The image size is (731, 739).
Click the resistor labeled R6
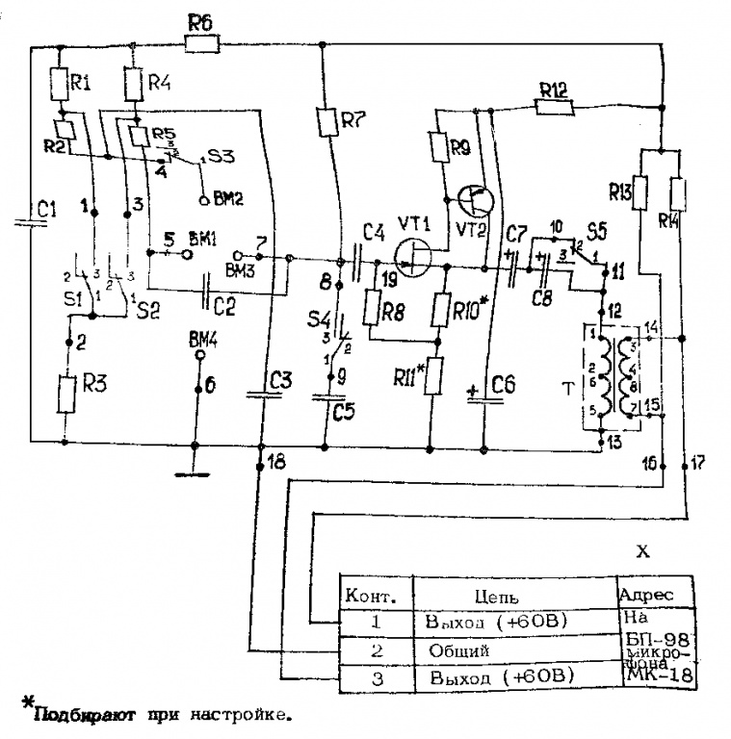pos(200,43)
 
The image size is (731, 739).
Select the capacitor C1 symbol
pos(31,222)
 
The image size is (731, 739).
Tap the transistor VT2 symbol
pos(477,200)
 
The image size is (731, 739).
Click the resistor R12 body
pos(554,107)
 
